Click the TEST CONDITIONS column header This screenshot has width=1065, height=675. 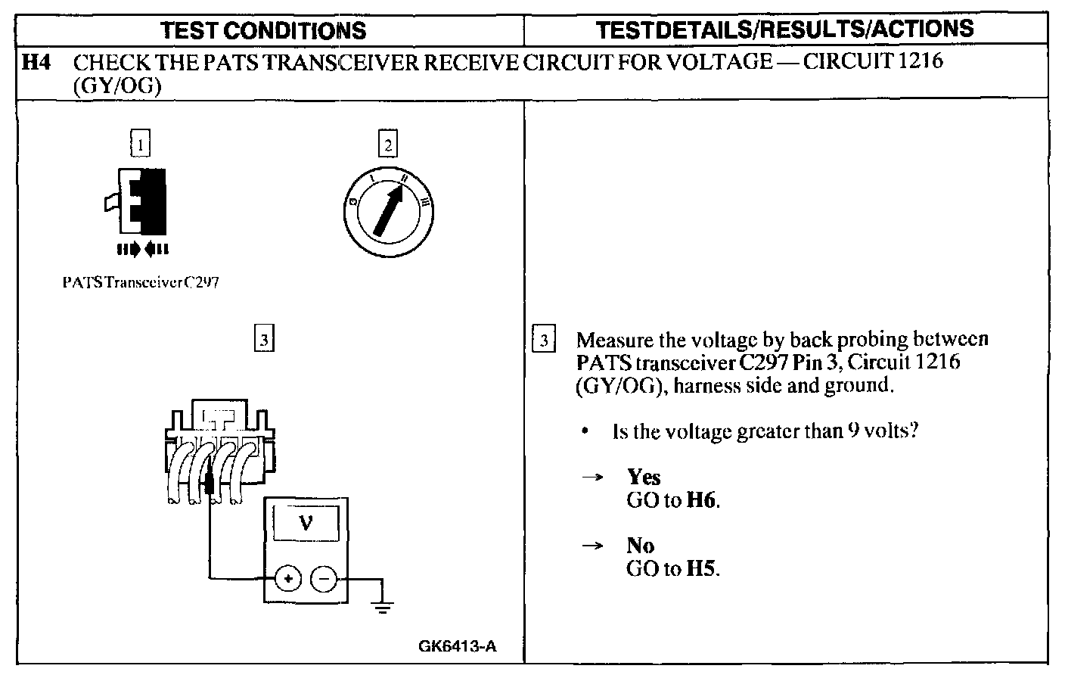pos(264,30)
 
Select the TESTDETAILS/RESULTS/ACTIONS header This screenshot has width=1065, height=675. pos(784,30)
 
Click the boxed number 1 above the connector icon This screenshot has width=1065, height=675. pos(140,143)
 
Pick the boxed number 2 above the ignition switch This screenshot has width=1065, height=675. pos(388,144)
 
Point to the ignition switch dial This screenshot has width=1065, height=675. pos(388,204)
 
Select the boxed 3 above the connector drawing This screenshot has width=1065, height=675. pos(262,340)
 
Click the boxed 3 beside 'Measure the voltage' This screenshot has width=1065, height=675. pos(544,340)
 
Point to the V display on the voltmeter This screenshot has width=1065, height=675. pos(306,522)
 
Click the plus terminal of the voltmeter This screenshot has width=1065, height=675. pos(287,579)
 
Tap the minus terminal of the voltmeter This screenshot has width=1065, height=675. pos(324,579)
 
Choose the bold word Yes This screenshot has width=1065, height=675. pos(644,477)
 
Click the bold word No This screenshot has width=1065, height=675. pos(641,545)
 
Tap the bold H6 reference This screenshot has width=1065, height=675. pos(701,500)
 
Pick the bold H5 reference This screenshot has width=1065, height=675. pos(701,568)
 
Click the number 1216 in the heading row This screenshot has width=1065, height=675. pos(918,61)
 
